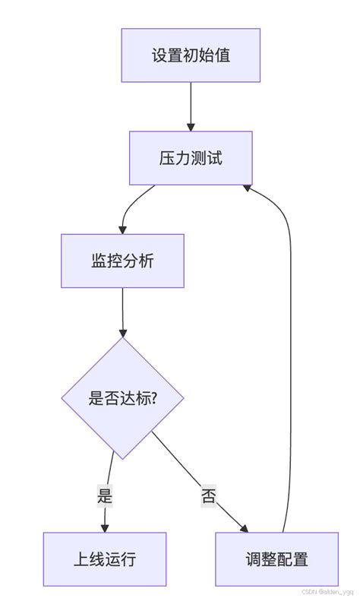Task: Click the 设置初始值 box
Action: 191,55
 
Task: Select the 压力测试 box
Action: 191,158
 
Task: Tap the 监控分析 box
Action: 122,261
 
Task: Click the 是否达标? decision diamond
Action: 122,397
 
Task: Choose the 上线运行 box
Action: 104,559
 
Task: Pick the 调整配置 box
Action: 276,559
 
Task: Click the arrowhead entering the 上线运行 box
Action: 104,527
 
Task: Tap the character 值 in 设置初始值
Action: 222,55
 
